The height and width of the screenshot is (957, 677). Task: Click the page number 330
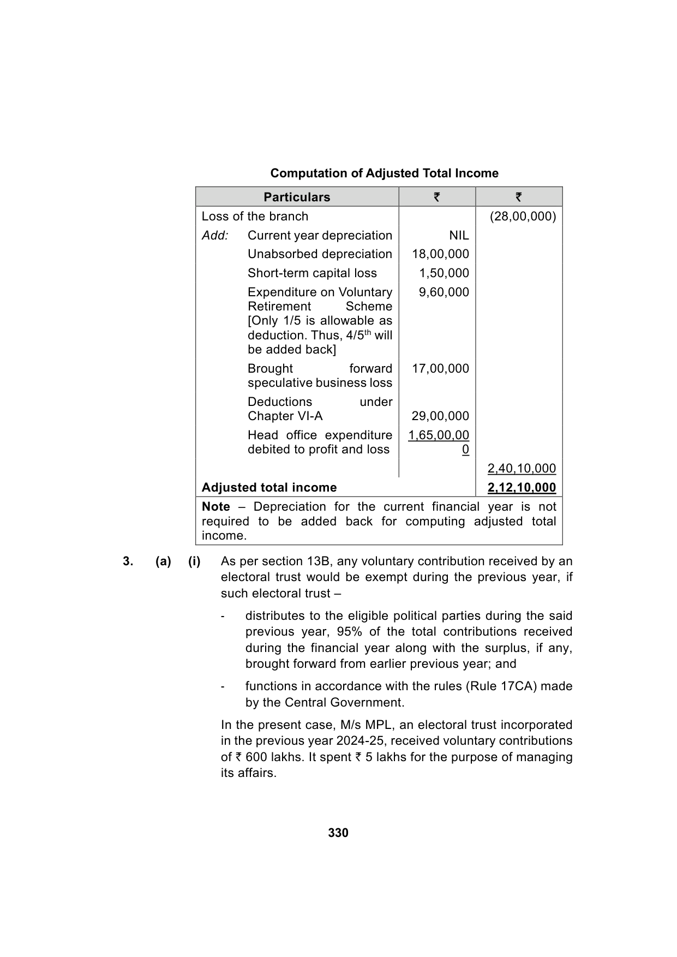coord(338,833)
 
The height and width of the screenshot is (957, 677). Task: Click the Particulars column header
coord(297,197)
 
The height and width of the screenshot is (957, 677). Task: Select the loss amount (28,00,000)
coord(523,216)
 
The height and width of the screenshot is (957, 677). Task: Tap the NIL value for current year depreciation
coord(459,235)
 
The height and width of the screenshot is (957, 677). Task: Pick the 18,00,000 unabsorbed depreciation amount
coord(440,254)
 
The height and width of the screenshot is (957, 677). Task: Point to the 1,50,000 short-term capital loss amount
coord(444,273)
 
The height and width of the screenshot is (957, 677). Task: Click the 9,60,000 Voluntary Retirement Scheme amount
coord(444,292)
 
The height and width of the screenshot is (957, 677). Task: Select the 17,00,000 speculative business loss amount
coord(440,368)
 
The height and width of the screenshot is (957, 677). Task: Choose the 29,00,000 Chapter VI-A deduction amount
coord(440,416)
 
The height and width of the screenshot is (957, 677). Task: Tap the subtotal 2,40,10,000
coord(522,468)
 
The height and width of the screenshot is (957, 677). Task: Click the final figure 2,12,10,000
coord(522,487)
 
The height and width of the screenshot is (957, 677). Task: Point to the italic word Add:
coord(215,235)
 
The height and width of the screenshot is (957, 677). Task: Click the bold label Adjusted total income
coord(269,487)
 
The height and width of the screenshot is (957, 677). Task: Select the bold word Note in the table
coord(215,506)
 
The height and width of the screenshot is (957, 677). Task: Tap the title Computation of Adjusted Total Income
coord(384,173)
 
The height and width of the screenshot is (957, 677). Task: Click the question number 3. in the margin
coord(128,561)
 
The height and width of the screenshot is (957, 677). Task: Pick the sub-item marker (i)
coord(194,561)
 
